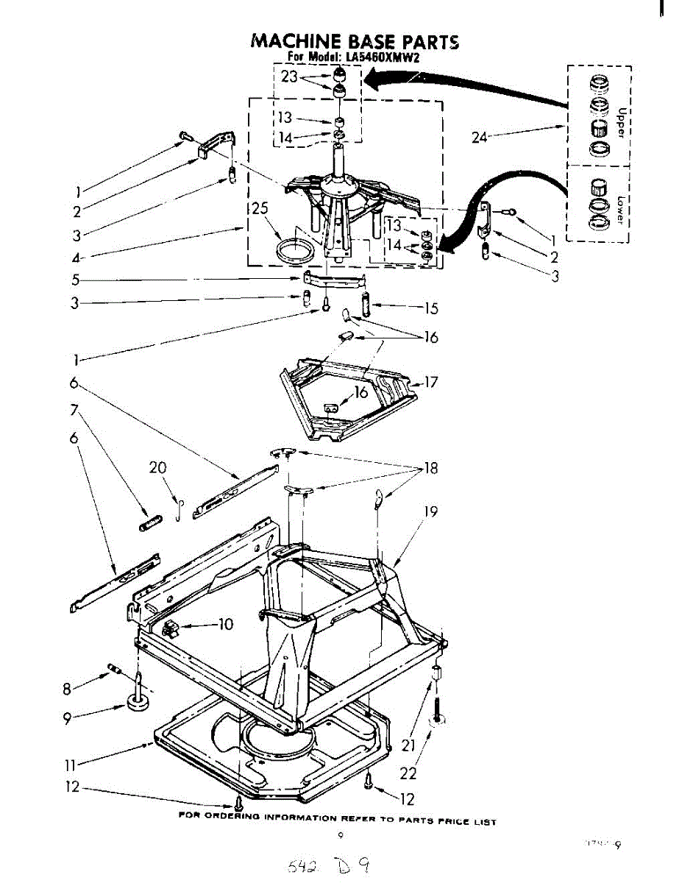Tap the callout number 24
(480, 136)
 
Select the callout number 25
(258, 209)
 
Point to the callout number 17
(431, 382)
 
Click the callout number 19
(431, 511)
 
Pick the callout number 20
(158, 467)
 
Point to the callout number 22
(409, 773)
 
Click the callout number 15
(430, 307)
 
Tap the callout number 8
(67, 689)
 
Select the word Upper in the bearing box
(622, 119)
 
